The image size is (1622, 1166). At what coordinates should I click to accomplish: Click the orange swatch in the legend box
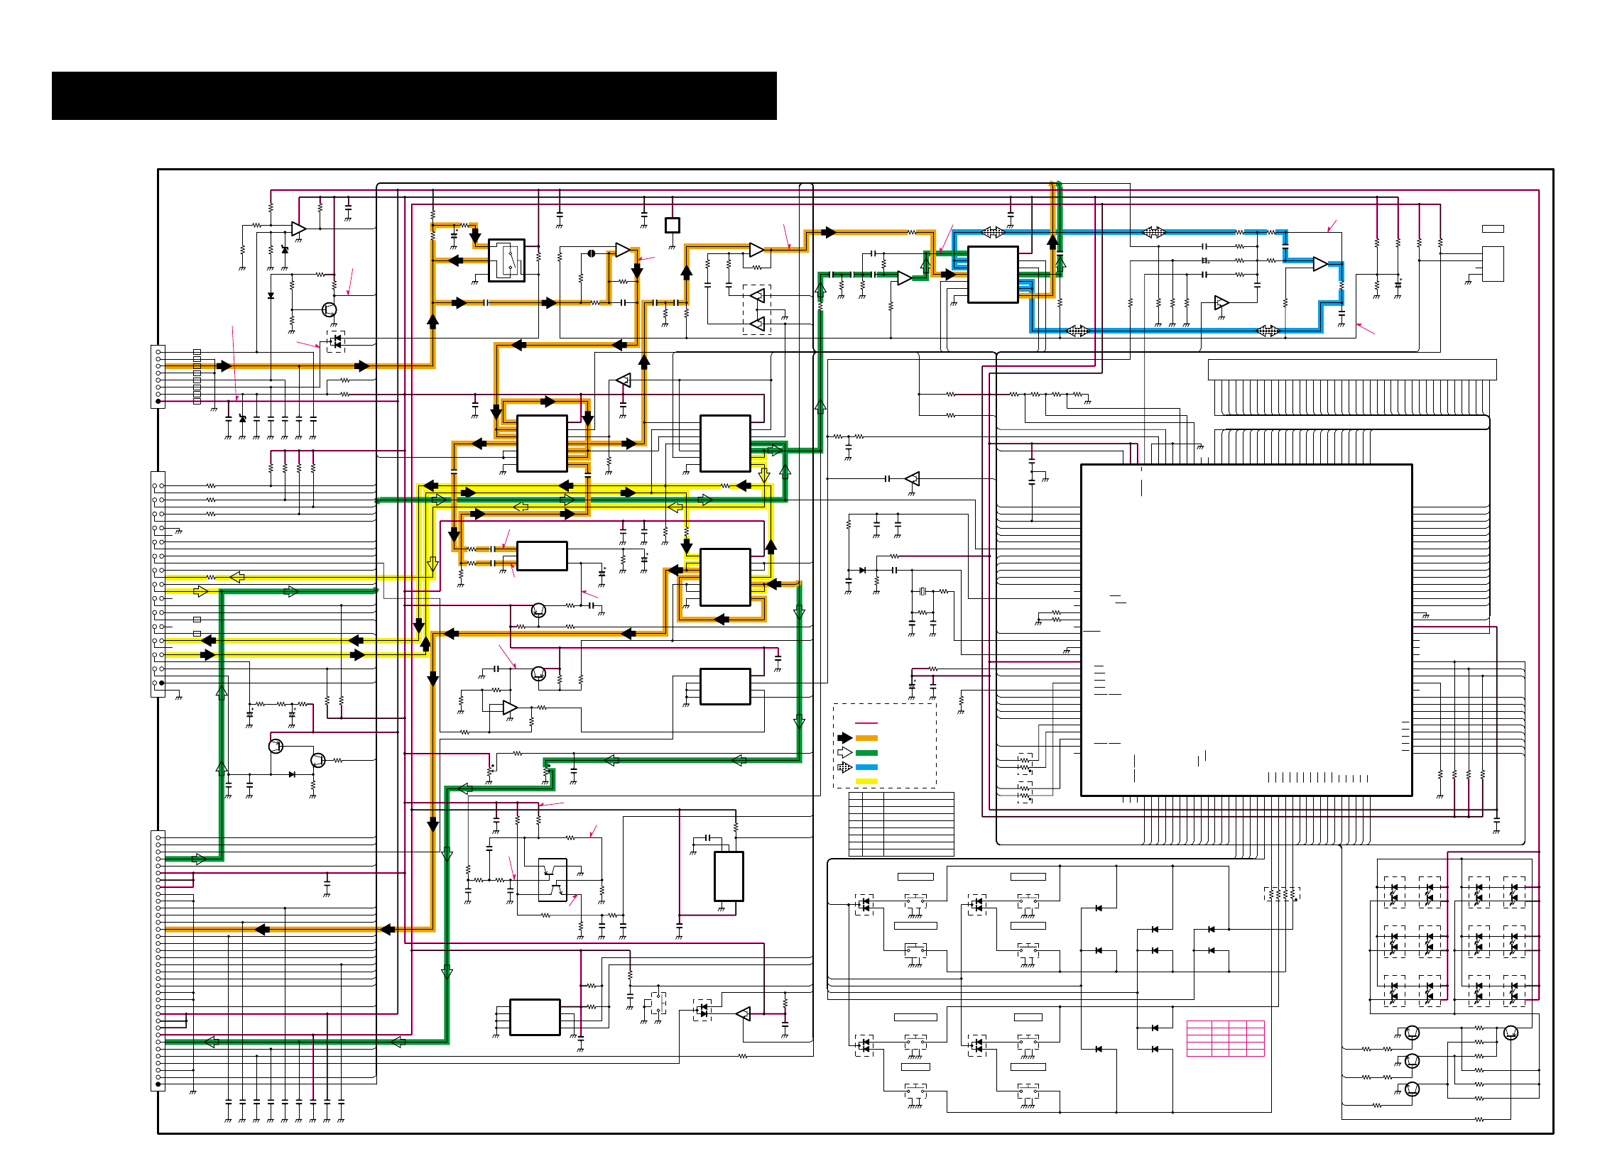(866, 739)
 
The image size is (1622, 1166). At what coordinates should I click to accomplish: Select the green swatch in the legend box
(866, 753)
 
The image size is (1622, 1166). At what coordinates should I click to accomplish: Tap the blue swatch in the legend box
(866, 767)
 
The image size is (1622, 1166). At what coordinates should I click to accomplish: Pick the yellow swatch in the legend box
(866, 781)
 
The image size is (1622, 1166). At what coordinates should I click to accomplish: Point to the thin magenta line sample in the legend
(866, 723)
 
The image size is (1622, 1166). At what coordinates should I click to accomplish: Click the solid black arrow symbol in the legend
(844, 739)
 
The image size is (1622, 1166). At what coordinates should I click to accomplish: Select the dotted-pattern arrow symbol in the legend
(844, 767)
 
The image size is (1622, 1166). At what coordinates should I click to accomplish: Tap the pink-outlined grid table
(1225, 1038)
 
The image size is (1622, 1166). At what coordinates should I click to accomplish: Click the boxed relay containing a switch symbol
(506, 260)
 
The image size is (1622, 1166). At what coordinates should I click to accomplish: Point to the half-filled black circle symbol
(592, 253)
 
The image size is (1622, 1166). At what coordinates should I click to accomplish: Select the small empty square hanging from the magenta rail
(673, 225)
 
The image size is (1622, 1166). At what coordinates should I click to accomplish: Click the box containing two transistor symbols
(552, 880)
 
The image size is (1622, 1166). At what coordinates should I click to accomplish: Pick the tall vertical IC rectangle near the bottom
(729, 876)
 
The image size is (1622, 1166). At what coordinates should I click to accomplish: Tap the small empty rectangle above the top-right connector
(1493, 229)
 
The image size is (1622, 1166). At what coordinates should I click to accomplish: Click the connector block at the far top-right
(1493, 264)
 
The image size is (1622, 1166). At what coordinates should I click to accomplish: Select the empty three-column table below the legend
(901, 823)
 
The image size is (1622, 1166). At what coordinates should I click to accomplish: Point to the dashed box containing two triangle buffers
(756, 309)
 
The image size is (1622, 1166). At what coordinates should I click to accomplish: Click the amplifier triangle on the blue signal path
(1320, 265)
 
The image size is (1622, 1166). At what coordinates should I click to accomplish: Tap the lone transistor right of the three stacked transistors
(1511, 1033)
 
